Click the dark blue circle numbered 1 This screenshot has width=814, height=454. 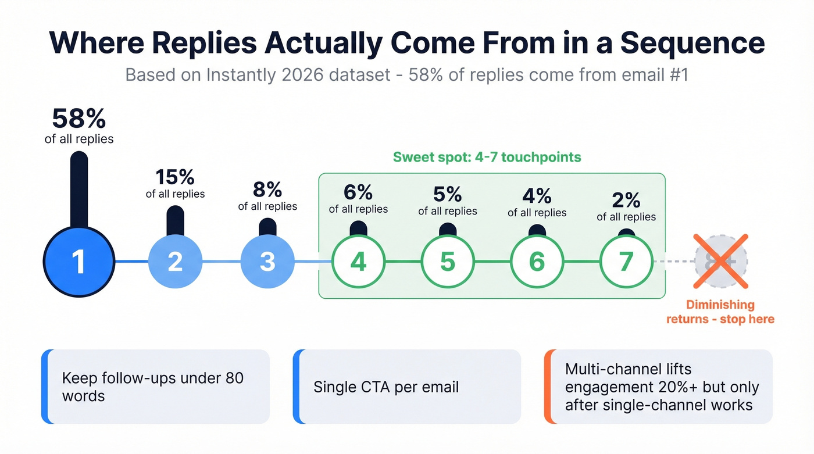[x=78, y=262]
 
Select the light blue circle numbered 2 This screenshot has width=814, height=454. [x=175, y=262]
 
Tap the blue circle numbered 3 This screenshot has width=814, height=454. [x=267, y=262]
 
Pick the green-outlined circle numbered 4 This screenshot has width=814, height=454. [x=358, y=262]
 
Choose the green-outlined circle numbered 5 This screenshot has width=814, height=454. [x=447, y=262]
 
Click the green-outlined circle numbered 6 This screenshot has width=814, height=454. [x=537, y=262]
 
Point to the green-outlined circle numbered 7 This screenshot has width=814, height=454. [x=626, y=262]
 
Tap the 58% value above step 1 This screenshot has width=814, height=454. [x=79, y=119]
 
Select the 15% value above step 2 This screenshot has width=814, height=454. [x=175, y=177]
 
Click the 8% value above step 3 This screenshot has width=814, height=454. [x=267, y=190]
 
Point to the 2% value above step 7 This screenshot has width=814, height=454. [x=626, y=201]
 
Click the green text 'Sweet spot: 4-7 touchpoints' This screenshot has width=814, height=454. [x=487, y=157]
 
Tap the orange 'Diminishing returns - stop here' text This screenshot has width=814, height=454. [x=720, y=312]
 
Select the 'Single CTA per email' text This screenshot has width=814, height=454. [x=386, y=387]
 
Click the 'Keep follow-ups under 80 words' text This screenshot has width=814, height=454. [x=152, y=387]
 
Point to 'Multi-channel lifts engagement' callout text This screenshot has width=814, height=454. [x=662, y=387]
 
